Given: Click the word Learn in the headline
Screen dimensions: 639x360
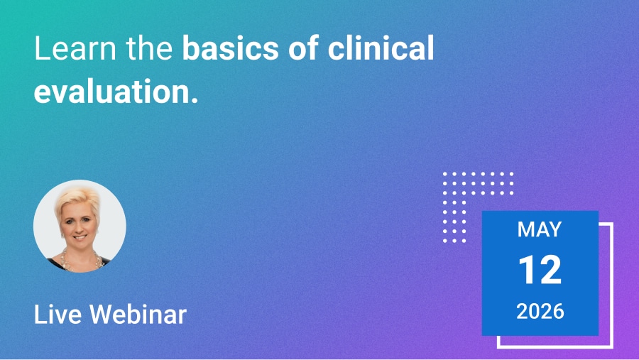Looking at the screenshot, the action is [75, 48].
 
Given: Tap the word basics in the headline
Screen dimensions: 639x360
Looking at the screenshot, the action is [230, 48].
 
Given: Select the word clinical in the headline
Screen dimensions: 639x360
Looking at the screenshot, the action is [381, 48].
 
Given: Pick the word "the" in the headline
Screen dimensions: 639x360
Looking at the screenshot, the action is [149, 48].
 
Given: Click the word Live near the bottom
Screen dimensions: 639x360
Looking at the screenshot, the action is [58, 315].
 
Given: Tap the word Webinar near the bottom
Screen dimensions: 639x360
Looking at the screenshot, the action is [138, 315].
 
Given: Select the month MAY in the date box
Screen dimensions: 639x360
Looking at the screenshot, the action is [540, 229].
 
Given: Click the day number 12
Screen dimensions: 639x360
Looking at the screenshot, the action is [540, 270].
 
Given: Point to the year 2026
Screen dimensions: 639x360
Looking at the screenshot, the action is [540, 312].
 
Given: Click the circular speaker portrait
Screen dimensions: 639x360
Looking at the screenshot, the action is [80, 226].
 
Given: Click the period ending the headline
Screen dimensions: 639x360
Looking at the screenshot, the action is [195, 100].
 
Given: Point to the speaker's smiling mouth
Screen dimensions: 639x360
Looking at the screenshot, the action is [80, 236].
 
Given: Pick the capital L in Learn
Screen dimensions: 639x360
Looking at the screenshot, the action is [41, 48].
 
